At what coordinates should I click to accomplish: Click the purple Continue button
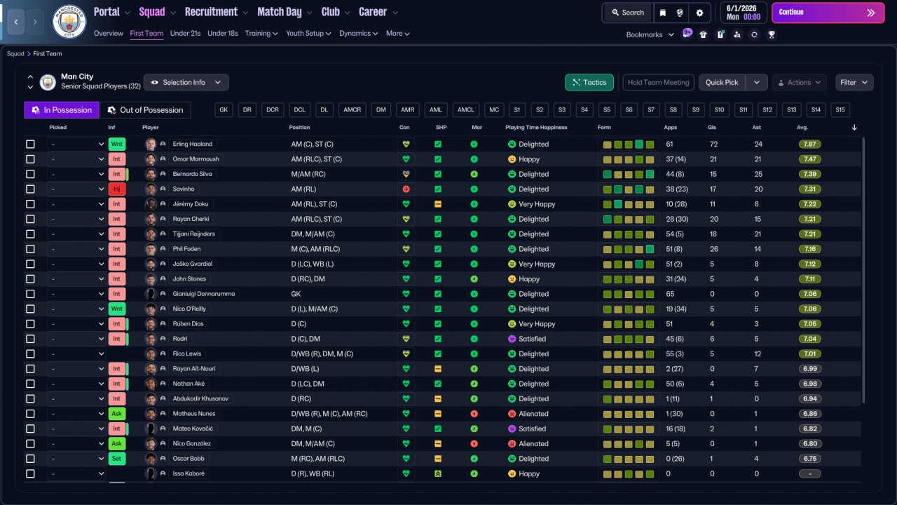(x=828, y=13)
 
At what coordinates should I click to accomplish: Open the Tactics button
(x=589, y=82)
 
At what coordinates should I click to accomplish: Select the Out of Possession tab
(x=145, y=110)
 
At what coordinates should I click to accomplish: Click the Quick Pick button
(x=722, y=82)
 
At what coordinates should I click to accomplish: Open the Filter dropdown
(x=854, y=82)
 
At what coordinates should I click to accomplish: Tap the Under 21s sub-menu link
(x=185, y=33)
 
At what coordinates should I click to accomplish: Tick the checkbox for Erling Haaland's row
(x=30, y=144)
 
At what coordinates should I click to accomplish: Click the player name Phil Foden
(x=186, y=249)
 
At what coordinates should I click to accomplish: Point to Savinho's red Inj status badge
(x=116, y=189)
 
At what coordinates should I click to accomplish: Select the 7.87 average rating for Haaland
(x=809, y=144)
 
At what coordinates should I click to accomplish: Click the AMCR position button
(x=352, y=110)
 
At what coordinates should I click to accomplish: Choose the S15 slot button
(x=840, y=110)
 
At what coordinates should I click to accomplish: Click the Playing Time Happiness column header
(x=536, y=128)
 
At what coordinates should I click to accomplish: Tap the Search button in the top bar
(x=628, y=13)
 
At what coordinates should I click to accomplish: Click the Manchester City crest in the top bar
(x=69, y=21)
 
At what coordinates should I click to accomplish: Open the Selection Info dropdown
(x=186, y=82)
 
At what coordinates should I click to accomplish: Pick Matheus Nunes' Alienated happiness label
(x=533, y=414)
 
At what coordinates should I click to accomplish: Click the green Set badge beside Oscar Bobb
(x=116, y=459)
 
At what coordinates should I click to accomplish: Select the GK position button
(x=224, y=110)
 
